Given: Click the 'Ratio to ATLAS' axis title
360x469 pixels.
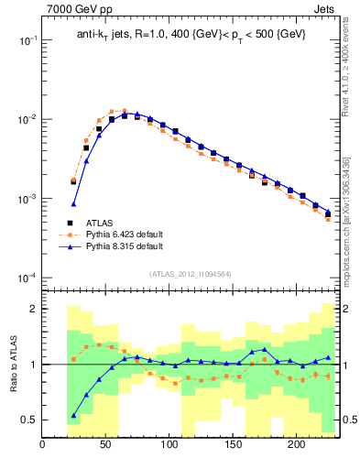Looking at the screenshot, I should click(x=12, y=363).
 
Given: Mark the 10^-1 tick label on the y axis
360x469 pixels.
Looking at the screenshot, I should click(x=26, y=41).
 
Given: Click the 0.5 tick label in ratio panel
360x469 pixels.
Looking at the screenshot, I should click(x=28, y=420).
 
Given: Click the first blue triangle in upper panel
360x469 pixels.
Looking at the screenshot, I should click(x=74, y=203).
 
